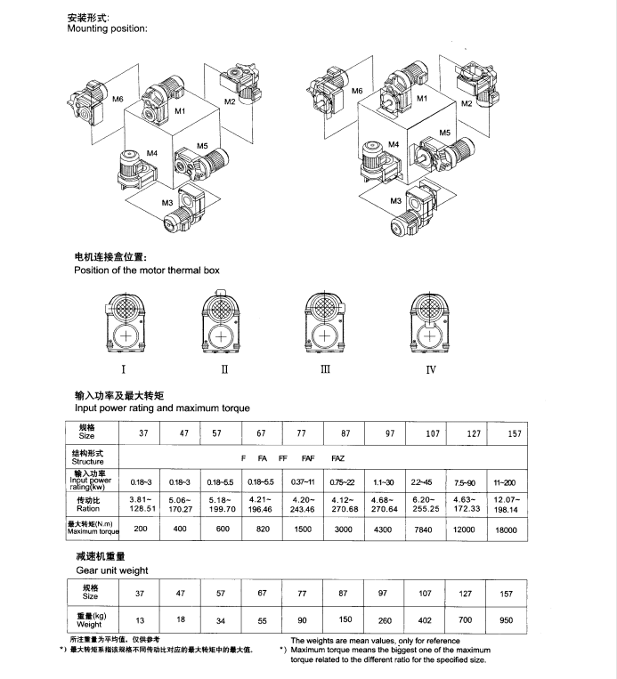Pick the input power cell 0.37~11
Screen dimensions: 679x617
pos(303,481)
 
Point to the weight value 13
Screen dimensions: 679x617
pos(139,620)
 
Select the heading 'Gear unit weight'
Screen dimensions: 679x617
pos(111,570)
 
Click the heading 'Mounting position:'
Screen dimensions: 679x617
pos(108,29)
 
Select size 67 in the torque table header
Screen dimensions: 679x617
pos(261,435)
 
